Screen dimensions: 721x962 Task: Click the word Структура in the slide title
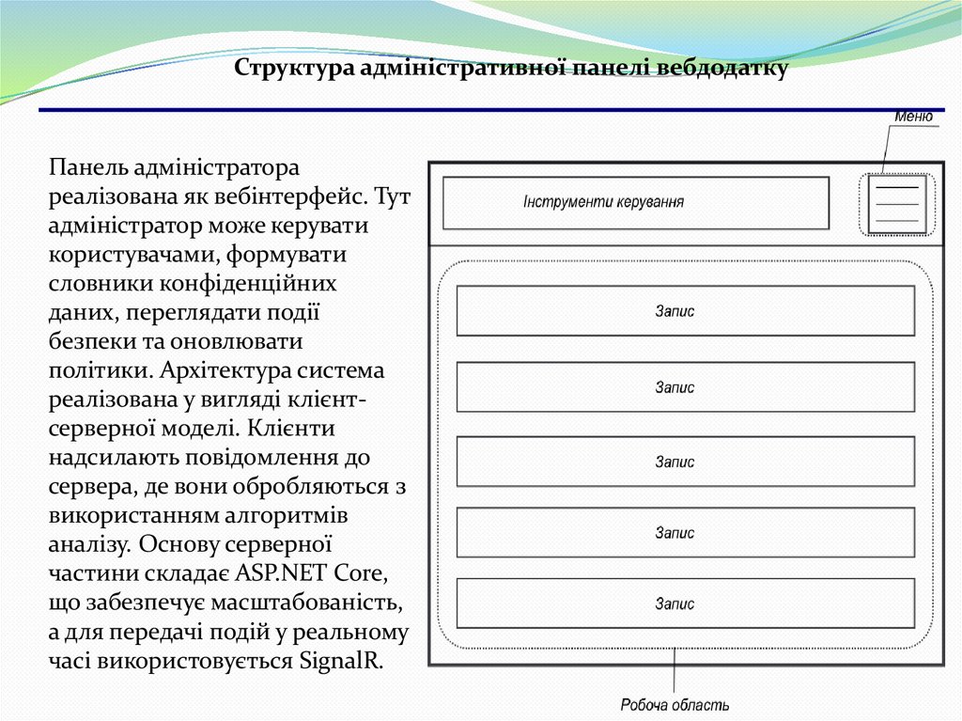pos(295,69)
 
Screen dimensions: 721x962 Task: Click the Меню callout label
pos(913,118)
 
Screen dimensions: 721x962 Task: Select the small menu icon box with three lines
pos(896,204)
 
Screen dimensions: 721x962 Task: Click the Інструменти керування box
pos(636,202)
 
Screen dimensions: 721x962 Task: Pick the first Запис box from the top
pos(685,311)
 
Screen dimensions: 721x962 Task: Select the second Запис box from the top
pos(685,386)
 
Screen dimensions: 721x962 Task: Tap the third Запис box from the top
pos(685,462)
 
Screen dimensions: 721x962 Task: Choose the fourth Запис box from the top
pos(685,533)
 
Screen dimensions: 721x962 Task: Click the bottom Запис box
pos(685,603)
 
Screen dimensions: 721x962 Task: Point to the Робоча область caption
pos(675,704)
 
